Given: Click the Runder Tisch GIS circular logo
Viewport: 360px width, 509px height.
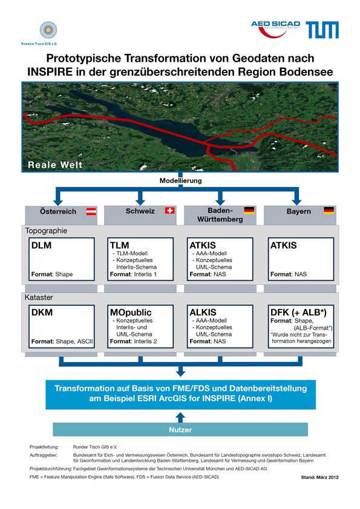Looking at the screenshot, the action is (x=48, y=30).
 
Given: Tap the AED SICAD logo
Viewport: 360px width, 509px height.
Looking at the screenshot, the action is (x=275, y=29).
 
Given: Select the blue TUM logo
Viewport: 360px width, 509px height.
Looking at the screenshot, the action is (x=322, y=30).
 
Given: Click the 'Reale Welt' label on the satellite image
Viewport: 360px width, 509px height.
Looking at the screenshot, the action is (x=55, y=165).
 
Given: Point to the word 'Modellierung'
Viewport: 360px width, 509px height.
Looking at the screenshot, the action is (x=180, y=180).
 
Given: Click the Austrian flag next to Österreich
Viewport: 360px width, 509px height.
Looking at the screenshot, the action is (x=91, y=212).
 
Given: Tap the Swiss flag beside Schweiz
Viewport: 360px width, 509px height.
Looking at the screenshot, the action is (x=170, y=211).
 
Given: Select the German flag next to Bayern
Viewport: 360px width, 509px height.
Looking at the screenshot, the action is (x=329, y=211).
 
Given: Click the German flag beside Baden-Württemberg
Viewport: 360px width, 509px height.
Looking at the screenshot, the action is (x=249, y=211).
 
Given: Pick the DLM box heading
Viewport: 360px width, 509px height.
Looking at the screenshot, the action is (x=41, y=245).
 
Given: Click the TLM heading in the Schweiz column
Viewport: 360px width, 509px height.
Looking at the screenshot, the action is (x=119, y=245).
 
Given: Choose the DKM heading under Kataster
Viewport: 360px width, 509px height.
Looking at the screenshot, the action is (x=42, y=312).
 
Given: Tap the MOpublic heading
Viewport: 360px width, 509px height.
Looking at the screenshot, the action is (x=131, y=313).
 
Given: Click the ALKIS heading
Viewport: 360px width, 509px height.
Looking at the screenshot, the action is (x=203, y=312).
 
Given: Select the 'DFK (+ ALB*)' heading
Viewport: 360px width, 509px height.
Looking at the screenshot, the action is (x=298, y=312).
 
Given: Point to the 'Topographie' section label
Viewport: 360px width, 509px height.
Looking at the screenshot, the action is (x=46, y=231).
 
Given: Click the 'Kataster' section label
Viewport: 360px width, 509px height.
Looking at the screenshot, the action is (x=39, y=297).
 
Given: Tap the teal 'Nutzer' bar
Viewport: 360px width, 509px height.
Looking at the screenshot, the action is (x=180, y=430).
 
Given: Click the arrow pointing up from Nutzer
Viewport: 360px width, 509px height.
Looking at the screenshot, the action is (x=180, y=418).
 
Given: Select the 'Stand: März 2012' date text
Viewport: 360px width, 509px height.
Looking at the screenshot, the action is (x=319, y=477).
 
